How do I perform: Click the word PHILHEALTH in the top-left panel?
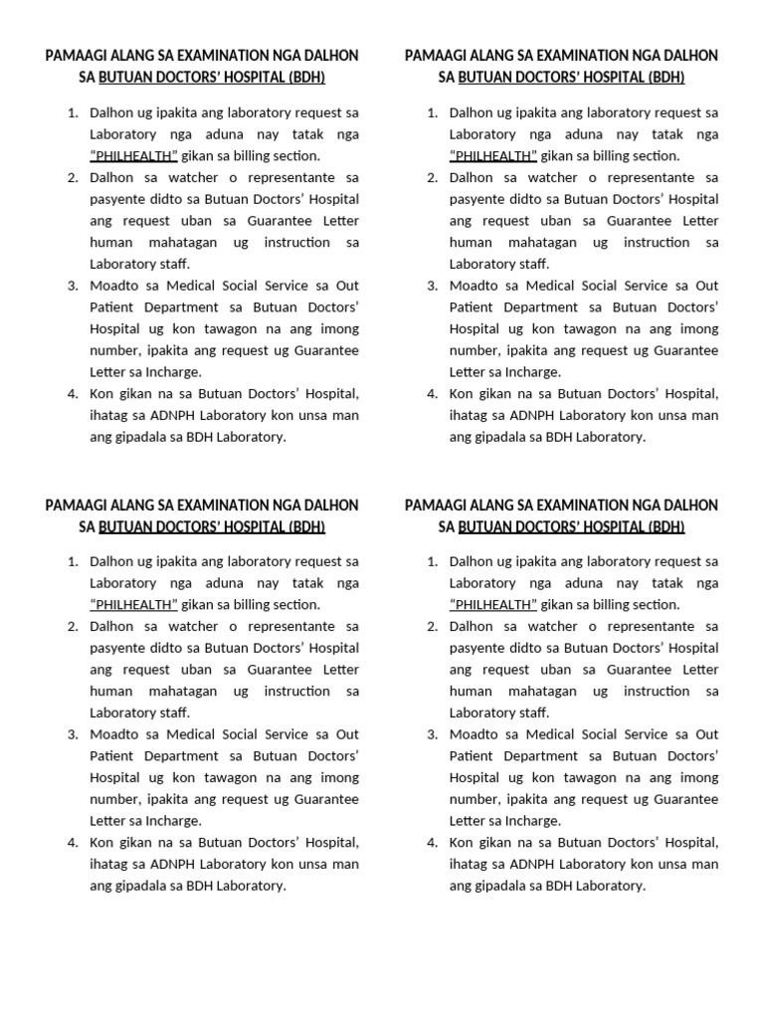tap(134, 155)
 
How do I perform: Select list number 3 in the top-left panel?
tap(73, 286)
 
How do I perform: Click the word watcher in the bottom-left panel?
tap(183, 627)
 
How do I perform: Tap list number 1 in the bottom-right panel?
tap(432, 561)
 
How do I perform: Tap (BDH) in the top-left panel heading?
tap(304, 78)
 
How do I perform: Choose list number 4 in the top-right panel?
tap(432, 393)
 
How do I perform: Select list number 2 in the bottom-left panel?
tap(73, 627)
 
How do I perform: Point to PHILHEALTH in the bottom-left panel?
tap(134, 605)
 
